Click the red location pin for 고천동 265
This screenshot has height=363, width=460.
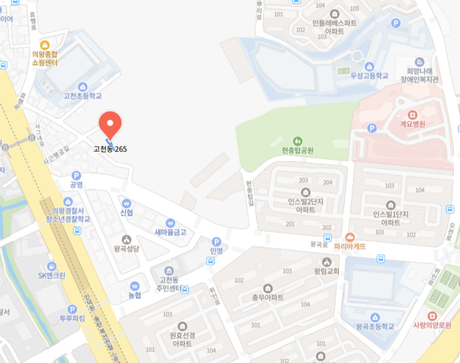pyautogui.click(x=111, y=123)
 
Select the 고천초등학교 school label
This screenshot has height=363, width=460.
pyautogui.click(x=82, y=96)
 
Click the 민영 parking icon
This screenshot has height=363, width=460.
pyautogui.click(x=215, y=240)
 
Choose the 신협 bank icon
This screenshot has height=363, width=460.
pyautogui.click(x=127, y=202)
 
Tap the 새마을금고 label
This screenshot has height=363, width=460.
pyautogui.click(x=170, y=231)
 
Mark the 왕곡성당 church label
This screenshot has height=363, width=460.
pyautogui.click(x=128, y=249)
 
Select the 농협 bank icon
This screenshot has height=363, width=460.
pyautogui.click(x=134, y=286)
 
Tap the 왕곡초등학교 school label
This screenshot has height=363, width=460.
pyautogui.click(x=375, y=326)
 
